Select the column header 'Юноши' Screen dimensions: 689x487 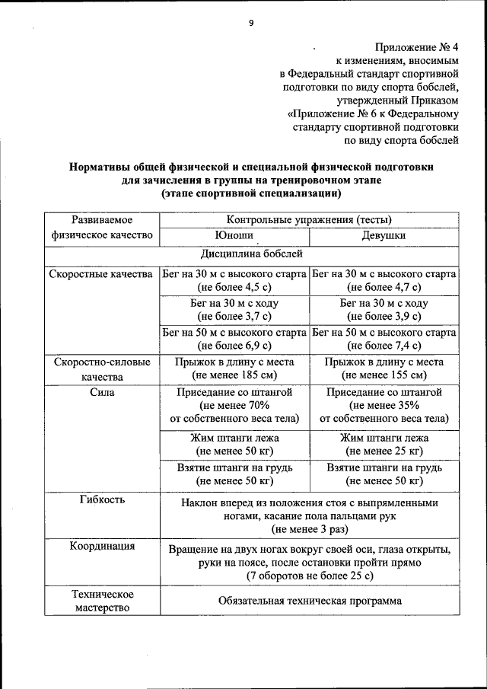tap(234, 235)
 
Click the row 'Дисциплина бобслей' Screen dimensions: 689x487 tap(252, 254)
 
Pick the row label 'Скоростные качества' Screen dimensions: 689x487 tap(100, 273)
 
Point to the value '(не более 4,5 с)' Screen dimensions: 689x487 tap(234, 287)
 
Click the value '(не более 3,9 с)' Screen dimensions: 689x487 tap(384, 316)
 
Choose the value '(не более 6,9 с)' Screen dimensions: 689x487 tap(234, 346)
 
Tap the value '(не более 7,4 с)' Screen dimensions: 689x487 tap(384, 346)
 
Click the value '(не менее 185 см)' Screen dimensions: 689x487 tap(234, 376)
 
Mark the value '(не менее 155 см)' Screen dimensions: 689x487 tap(384, 376)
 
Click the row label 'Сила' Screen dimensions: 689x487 tap(101, 392)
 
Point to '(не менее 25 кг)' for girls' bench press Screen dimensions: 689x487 tap(384, 451)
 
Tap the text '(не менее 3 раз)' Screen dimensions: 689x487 tap(309, 528)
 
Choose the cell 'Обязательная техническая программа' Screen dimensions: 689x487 tap(309, 600)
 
